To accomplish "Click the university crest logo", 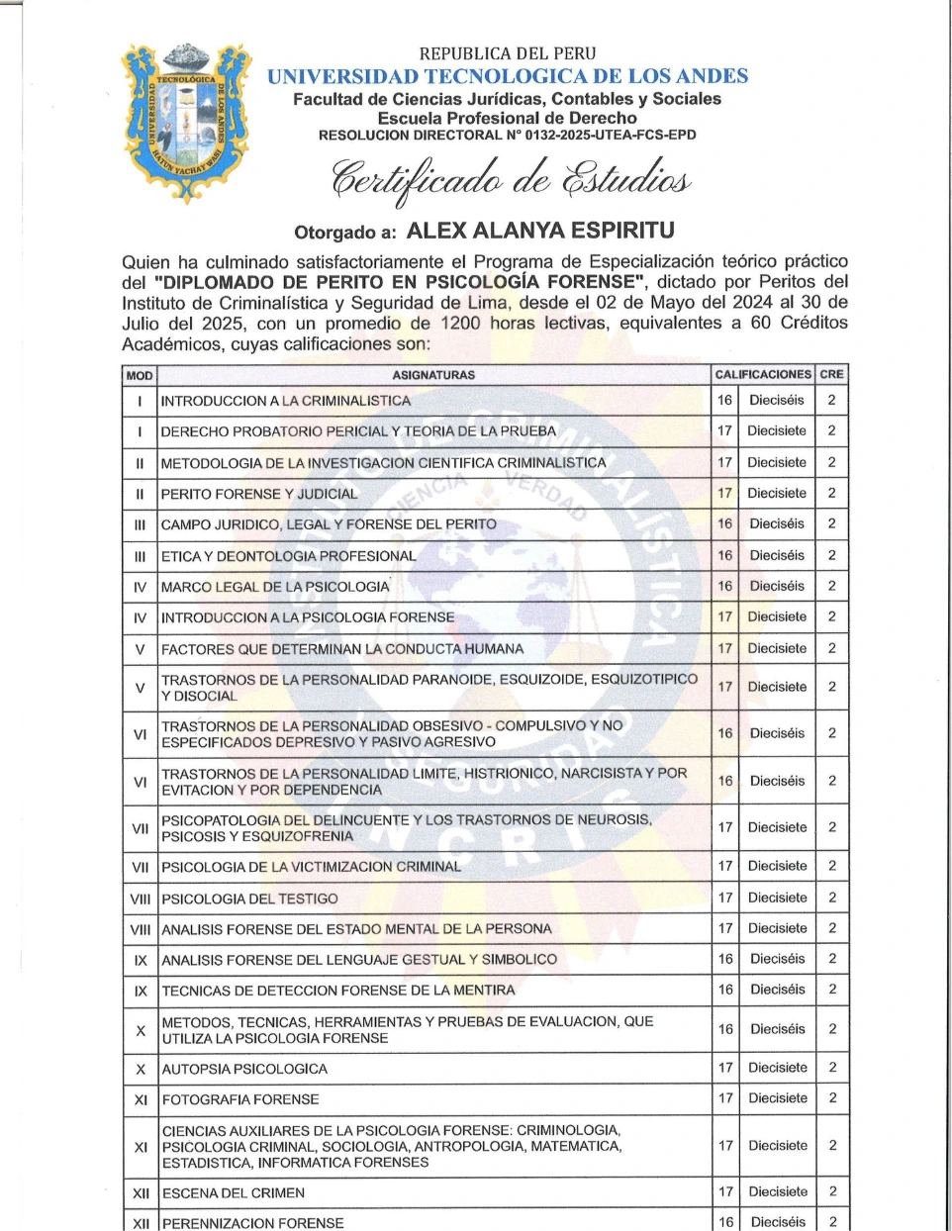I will (186, 123).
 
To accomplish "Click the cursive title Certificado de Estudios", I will (510, 179).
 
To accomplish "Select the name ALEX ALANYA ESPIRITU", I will (540, 232).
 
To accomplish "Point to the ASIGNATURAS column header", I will (433, 375).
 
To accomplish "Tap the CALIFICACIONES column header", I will (762, 375).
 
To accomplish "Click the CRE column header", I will (831, 375).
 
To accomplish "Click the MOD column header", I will (140, 376).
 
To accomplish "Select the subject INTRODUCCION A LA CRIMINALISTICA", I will (285, 401).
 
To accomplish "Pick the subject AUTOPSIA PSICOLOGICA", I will (244, 1069).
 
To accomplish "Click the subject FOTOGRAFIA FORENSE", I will (240, 1099).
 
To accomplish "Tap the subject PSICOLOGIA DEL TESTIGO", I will (249, 899).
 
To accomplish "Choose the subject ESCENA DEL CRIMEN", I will (234, 1192).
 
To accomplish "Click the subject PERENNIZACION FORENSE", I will (253, 1223).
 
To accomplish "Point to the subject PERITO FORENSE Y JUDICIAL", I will (259, 494).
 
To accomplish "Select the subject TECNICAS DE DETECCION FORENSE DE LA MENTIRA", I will (338, 990).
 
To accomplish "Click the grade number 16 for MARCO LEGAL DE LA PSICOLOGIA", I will (725, 586).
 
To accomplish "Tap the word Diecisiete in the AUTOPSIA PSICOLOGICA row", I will (778, 1068).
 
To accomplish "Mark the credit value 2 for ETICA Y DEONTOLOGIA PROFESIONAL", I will (832, 555).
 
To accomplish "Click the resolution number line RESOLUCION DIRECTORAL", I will (507, 136).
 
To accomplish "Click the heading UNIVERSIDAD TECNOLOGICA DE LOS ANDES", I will (508, 76).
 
